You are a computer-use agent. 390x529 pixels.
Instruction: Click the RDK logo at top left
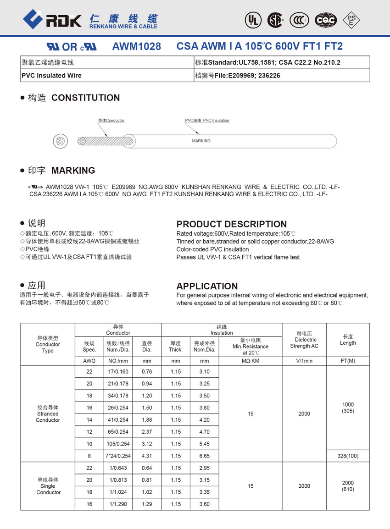click(52, 19)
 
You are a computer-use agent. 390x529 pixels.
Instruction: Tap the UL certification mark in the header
click(253, 20)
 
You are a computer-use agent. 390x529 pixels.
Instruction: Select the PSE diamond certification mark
click(351, 19)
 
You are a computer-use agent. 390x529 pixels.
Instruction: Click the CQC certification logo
click(325, 20)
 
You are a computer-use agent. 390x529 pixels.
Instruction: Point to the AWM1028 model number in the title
click(136, 46)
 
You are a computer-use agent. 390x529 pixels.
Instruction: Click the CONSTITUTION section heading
click(85, 98)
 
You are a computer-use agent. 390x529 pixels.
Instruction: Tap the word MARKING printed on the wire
click(201, 141)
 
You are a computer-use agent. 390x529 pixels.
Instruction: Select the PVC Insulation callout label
click(207, 121)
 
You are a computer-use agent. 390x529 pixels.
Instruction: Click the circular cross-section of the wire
click(60, 141)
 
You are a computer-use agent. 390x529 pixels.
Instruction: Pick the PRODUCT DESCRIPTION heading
click(231, 224)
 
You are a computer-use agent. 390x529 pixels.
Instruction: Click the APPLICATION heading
click(207, 286)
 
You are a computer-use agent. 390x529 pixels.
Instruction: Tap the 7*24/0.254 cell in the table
click(118, 456)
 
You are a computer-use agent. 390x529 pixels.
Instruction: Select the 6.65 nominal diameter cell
click(204, 456)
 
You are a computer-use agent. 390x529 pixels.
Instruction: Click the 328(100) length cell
click(347, 456)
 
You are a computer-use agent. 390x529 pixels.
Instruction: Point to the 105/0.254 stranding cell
click(118, 444)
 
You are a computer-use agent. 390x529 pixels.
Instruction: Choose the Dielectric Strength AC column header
click(304, 343)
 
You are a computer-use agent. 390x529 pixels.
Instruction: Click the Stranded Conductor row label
click(48, 413)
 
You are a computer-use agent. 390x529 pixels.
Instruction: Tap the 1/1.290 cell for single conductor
click(118, 504)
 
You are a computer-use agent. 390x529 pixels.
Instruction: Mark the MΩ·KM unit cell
click(250, 361)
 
